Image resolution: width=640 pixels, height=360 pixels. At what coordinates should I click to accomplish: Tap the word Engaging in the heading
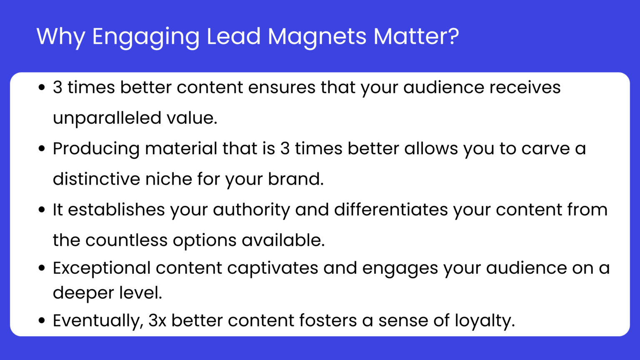tap(146, 36)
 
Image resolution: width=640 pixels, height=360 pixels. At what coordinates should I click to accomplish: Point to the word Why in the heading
tap(61, 36)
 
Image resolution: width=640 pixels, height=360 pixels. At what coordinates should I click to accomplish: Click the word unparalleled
tap(107, 118)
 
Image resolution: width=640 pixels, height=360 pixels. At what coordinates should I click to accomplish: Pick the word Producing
tap(96, 149)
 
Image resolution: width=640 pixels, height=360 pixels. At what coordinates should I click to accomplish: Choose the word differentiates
tap(391, 210)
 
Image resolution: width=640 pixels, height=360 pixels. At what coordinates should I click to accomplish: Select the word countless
tap(126, 240)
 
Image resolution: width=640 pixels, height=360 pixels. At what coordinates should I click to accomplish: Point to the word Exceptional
tap(101, 268)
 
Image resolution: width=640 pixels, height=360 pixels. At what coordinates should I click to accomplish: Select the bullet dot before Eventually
tap(41, 321)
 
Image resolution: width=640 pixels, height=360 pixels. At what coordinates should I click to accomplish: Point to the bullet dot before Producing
tap(41, 149)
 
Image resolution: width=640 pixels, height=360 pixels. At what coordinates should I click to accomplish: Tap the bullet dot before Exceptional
tap(41, 268)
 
